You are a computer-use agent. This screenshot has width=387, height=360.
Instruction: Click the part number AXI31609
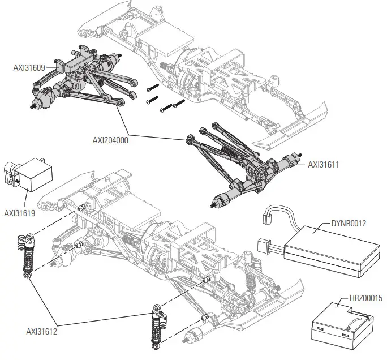coord(28,67)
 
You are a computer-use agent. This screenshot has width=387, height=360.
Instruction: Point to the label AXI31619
coord(19,213)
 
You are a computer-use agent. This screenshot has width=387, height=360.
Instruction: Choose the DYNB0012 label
coord(347,223)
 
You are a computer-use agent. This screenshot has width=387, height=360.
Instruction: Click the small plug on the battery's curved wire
coord(268,217)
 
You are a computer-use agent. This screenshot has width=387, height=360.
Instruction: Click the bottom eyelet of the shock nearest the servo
coord(28,276)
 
